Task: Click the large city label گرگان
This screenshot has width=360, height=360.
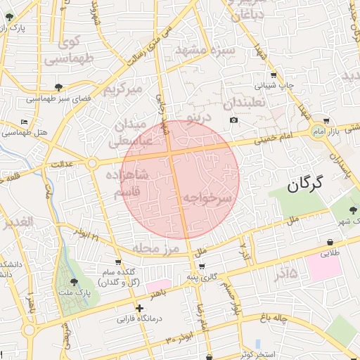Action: coord(304,185)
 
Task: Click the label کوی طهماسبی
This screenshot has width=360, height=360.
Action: coord(70,51)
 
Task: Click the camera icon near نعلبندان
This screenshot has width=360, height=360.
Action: coord(234,120)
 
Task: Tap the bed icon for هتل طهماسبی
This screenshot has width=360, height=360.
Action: coord(25,122)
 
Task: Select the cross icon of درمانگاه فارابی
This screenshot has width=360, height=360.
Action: coord(139,308)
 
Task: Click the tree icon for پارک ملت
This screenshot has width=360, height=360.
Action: coord(75,281)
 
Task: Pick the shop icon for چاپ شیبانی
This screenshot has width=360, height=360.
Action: coord(274,75)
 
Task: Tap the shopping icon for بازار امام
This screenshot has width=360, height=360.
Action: coord(327,121)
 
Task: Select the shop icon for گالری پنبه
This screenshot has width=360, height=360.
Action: coord(202,266)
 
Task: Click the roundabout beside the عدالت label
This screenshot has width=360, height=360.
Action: coord(92,164)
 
